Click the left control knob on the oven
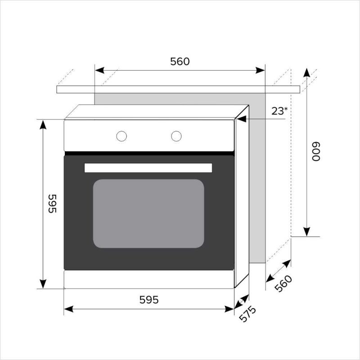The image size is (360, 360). pyautogui.click(x=121, y=136)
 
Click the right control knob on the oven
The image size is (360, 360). pyautogui.click(x=176, y=136)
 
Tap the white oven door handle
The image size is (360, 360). pyautogui.click(x=148, y=168)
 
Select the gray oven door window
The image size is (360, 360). pyautogui.click(x=148, y=213)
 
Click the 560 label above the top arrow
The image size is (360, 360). pyautogui.click(x=180, y=62)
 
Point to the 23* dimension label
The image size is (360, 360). pyautogui.click(x=279, y=111)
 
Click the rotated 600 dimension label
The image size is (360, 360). pyautogui.click(x=316, y=152)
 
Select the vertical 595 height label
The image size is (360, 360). pyautogui.click(x=52, y=204)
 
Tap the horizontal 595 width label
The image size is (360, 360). pyautogui.click(x=149, y=300)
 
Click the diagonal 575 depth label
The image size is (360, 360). pyautogui.click(x=247, y=314)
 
